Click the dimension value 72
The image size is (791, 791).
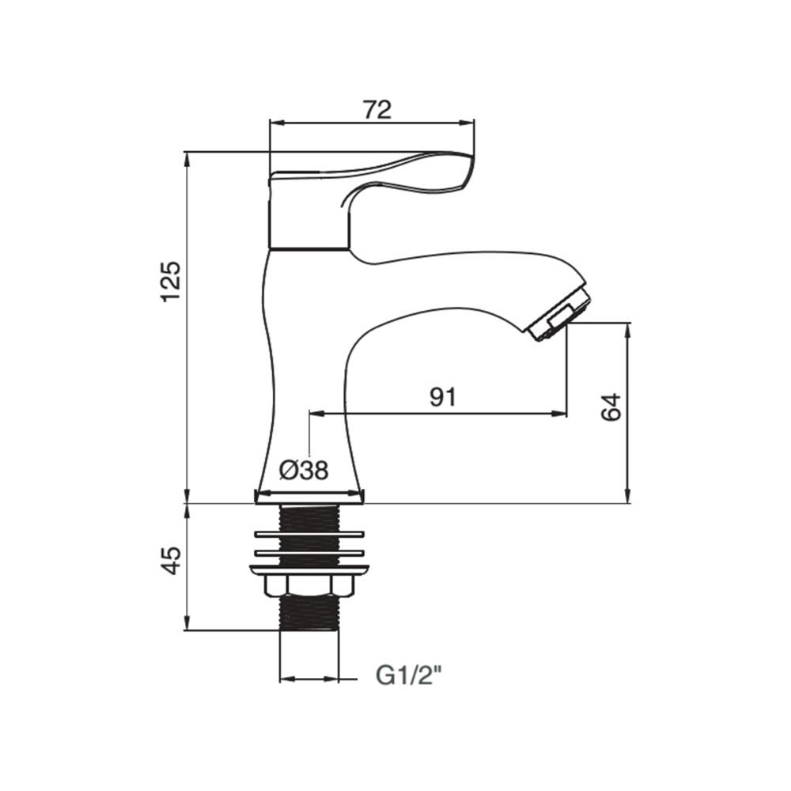pos(377,109)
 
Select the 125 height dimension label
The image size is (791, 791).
pos(171,282)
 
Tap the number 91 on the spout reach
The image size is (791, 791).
pos(442,397)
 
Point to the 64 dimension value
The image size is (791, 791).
pos(611,407)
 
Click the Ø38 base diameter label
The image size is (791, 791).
pos(304,471)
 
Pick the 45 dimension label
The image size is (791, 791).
pos(171,561)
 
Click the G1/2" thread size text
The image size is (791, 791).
pos(409,676)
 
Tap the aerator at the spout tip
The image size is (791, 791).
pos(559,315)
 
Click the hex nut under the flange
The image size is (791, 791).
pos(308,585)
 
